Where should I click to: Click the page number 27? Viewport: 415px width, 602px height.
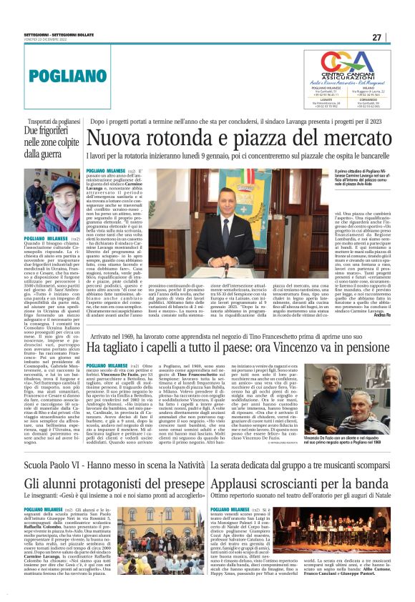[396, 37]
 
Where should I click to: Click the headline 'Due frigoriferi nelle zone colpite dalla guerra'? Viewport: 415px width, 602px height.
[44, 142]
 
